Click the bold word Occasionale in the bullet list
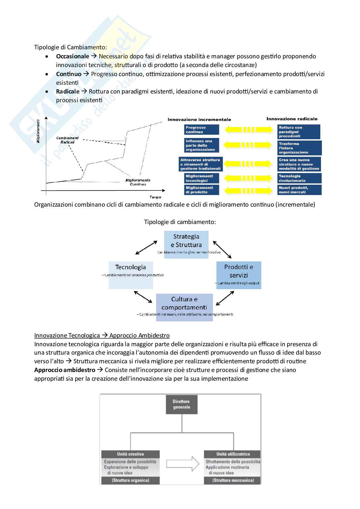tap(73, 56)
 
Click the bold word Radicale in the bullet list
tap(68, 92)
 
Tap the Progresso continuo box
tap(202, 130)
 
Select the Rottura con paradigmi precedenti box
tap(299, 132)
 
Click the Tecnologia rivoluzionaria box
tap(299, 178)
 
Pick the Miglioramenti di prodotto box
tap(202, 190)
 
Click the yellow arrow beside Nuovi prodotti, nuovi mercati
tap(248, 191)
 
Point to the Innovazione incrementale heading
tap(199, 120)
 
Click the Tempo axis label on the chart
tap(155, 197)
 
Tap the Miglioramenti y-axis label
tap(38, 131)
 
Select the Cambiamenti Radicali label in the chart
tap(67, 140)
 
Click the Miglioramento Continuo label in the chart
tap(138, 182)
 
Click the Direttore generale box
tap(181, 404)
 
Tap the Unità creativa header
tap(130, 454)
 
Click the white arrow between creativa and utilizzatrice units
tap(183, 464)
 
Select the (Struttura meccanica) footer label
tap(233, 480)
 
